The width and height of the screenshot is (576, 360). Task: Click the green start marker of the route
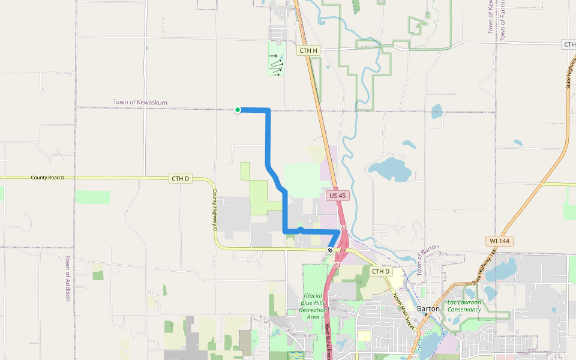[x=238, y=109]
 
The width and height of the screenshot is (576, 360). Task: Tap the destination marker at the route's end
[x=330, y=250]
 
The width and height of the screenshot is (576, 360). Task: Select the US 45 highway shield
[x=338, y=196]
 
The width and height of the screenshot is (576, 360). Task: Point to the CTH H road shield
[x=308, y=51]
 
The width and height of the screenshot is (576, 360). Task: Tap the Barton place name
[x=428, y=308]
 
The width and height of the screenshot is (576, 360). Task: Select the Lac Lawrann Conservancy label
[x=464, y=306]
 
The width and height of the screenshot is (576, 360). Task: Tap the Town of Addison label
[x=67, y=278]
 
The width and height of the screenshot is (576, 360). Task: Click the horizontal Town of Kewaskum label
[x=140, y=103]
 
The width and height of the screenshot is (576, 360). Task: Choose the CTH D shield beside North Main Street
[x=380, y=272]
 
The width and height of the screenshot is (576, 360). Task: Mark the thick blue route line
[x=268, y=138]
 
